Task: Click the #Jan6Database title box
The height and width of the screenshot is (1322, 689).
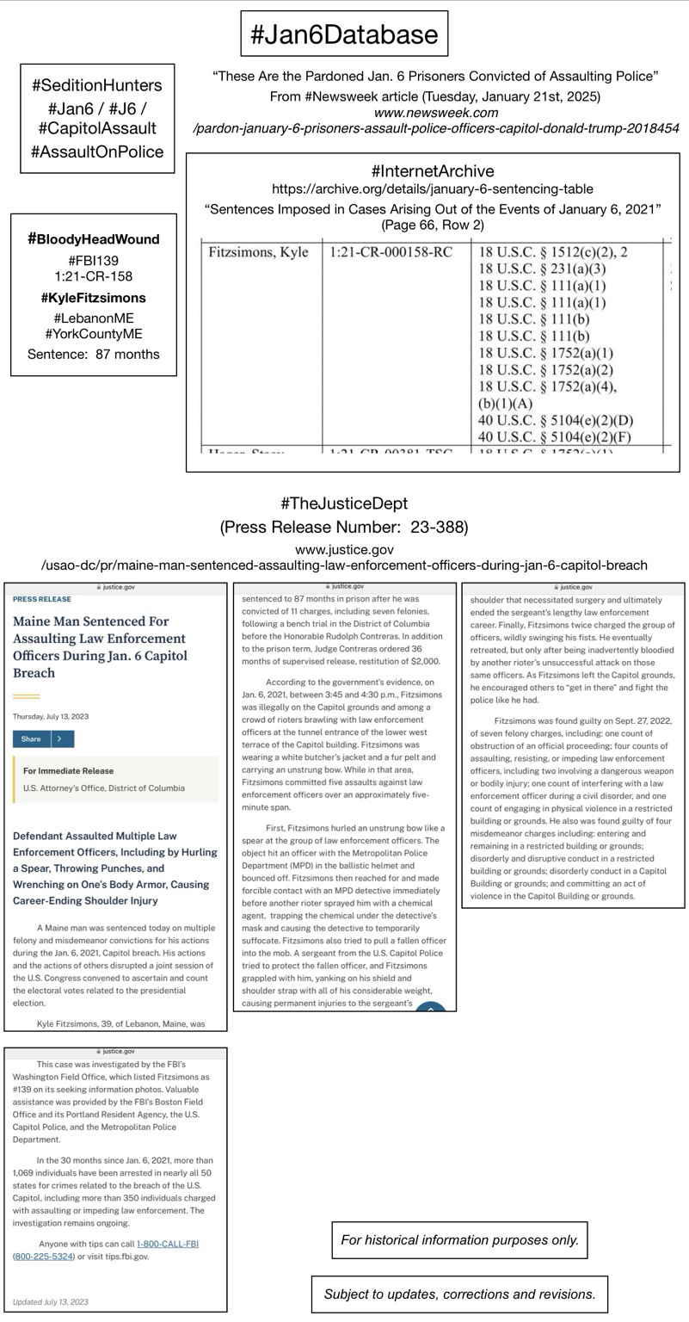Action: coord(344,34)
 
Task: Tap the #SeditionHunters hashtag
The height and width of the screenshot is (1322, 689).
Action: coord(97,86)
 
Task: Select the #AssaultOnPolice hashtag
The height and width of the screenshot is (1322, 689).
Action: coord(97,151)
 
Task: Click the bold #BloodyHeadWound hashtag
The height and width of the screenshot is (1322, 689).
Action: coord(94,239)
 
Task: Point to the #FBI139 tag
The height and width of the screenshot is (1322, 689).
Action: coord(93,261)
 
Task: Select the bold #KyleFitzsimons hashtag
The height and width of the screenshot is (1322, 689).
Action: coord(94,298)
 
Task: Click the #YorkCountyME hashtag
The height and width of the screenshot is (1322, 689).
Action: coord(94,334)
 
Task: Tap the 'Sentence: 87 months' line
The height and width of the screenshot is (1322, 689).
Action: coord(94,354)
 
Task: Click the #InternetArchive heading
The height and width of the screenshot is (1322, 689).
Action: coord(433,171)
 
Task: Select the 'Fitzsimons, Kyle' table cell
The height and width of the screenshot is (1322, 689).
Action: coord(258,253)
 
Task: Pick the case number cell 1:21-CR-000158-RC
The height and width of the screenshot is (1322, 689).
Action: coord(391,253)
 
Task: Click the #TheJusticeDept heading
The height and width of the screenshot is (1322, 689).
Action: coord(344,503)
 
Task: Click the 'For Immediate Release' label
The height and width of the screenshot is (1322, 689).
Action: coord(69,771)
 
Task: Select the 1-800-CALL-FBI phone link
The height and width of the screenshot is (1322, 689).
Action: coord(168,1244)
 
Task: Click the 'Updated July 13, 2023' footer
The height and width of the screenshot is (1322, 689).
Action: coord(51,1301)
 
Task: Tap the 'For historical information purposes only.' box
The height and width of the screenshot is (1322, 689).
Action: coord(459,1240)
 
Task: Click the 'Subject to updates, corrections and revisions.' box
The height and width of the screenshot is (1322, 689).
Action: coord(459,1294)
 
